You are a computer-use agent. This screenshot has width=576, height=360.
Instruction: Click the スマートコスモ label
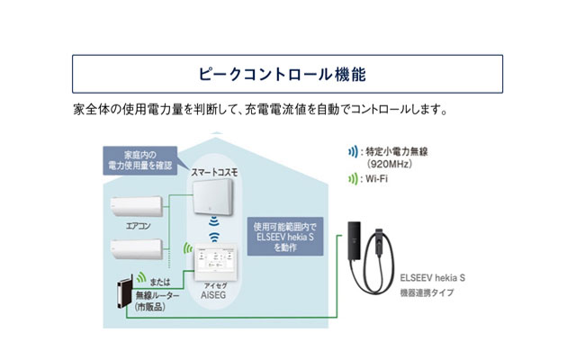point(213,171)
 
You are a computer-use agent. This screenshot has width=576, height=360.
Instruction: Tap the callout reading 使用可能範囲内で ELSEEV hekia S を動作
point(287,237)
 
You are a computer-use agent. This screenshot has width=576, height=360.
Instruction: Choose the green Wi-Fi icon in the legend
point(352,179)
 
